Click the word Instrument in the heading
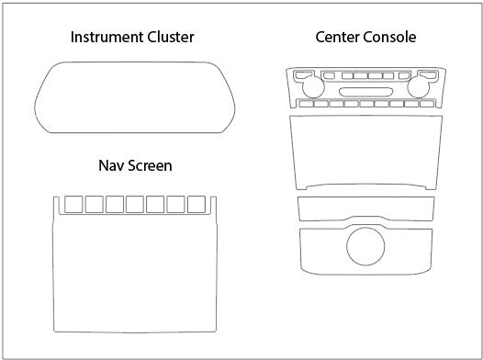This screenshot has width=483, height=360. coord(107,38)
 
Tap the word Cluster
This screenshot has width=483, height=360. coord(171,38)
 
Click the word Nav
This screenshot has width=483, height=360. coord(111,165)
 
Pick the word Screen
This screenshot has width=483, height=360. coord(150,165)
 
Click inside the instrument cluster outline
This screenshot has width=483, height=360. coord(135,97)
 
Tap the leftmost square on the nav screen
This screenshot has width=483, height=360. coord(73,204)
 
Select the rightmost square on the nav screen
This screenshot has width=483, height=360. coord(197,204)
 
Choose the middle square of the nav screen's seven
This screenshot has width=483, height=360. coord(135,204)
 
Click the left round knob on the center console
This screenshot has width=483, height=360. coord(313,86)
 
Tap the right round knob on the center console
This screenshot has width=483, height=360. coord(419,86)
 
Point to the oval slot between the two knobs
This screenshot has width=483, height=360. coord(366,92)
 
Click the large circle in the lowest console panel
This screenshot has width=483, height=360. coord(365,246)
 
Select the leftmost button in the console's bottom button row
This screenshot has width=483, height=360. coord(306,104)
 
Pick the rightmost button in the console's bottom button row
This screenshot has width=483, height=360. coord(427,104)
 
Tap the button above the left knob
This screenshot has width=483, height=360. coord(304,74)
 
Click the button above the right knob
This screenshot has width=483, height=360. coord(428,74)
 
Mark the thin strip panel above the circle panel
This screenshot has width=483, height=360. coord(366,208)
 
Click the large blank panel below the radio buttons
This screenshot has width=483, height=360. coord(366,152)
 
